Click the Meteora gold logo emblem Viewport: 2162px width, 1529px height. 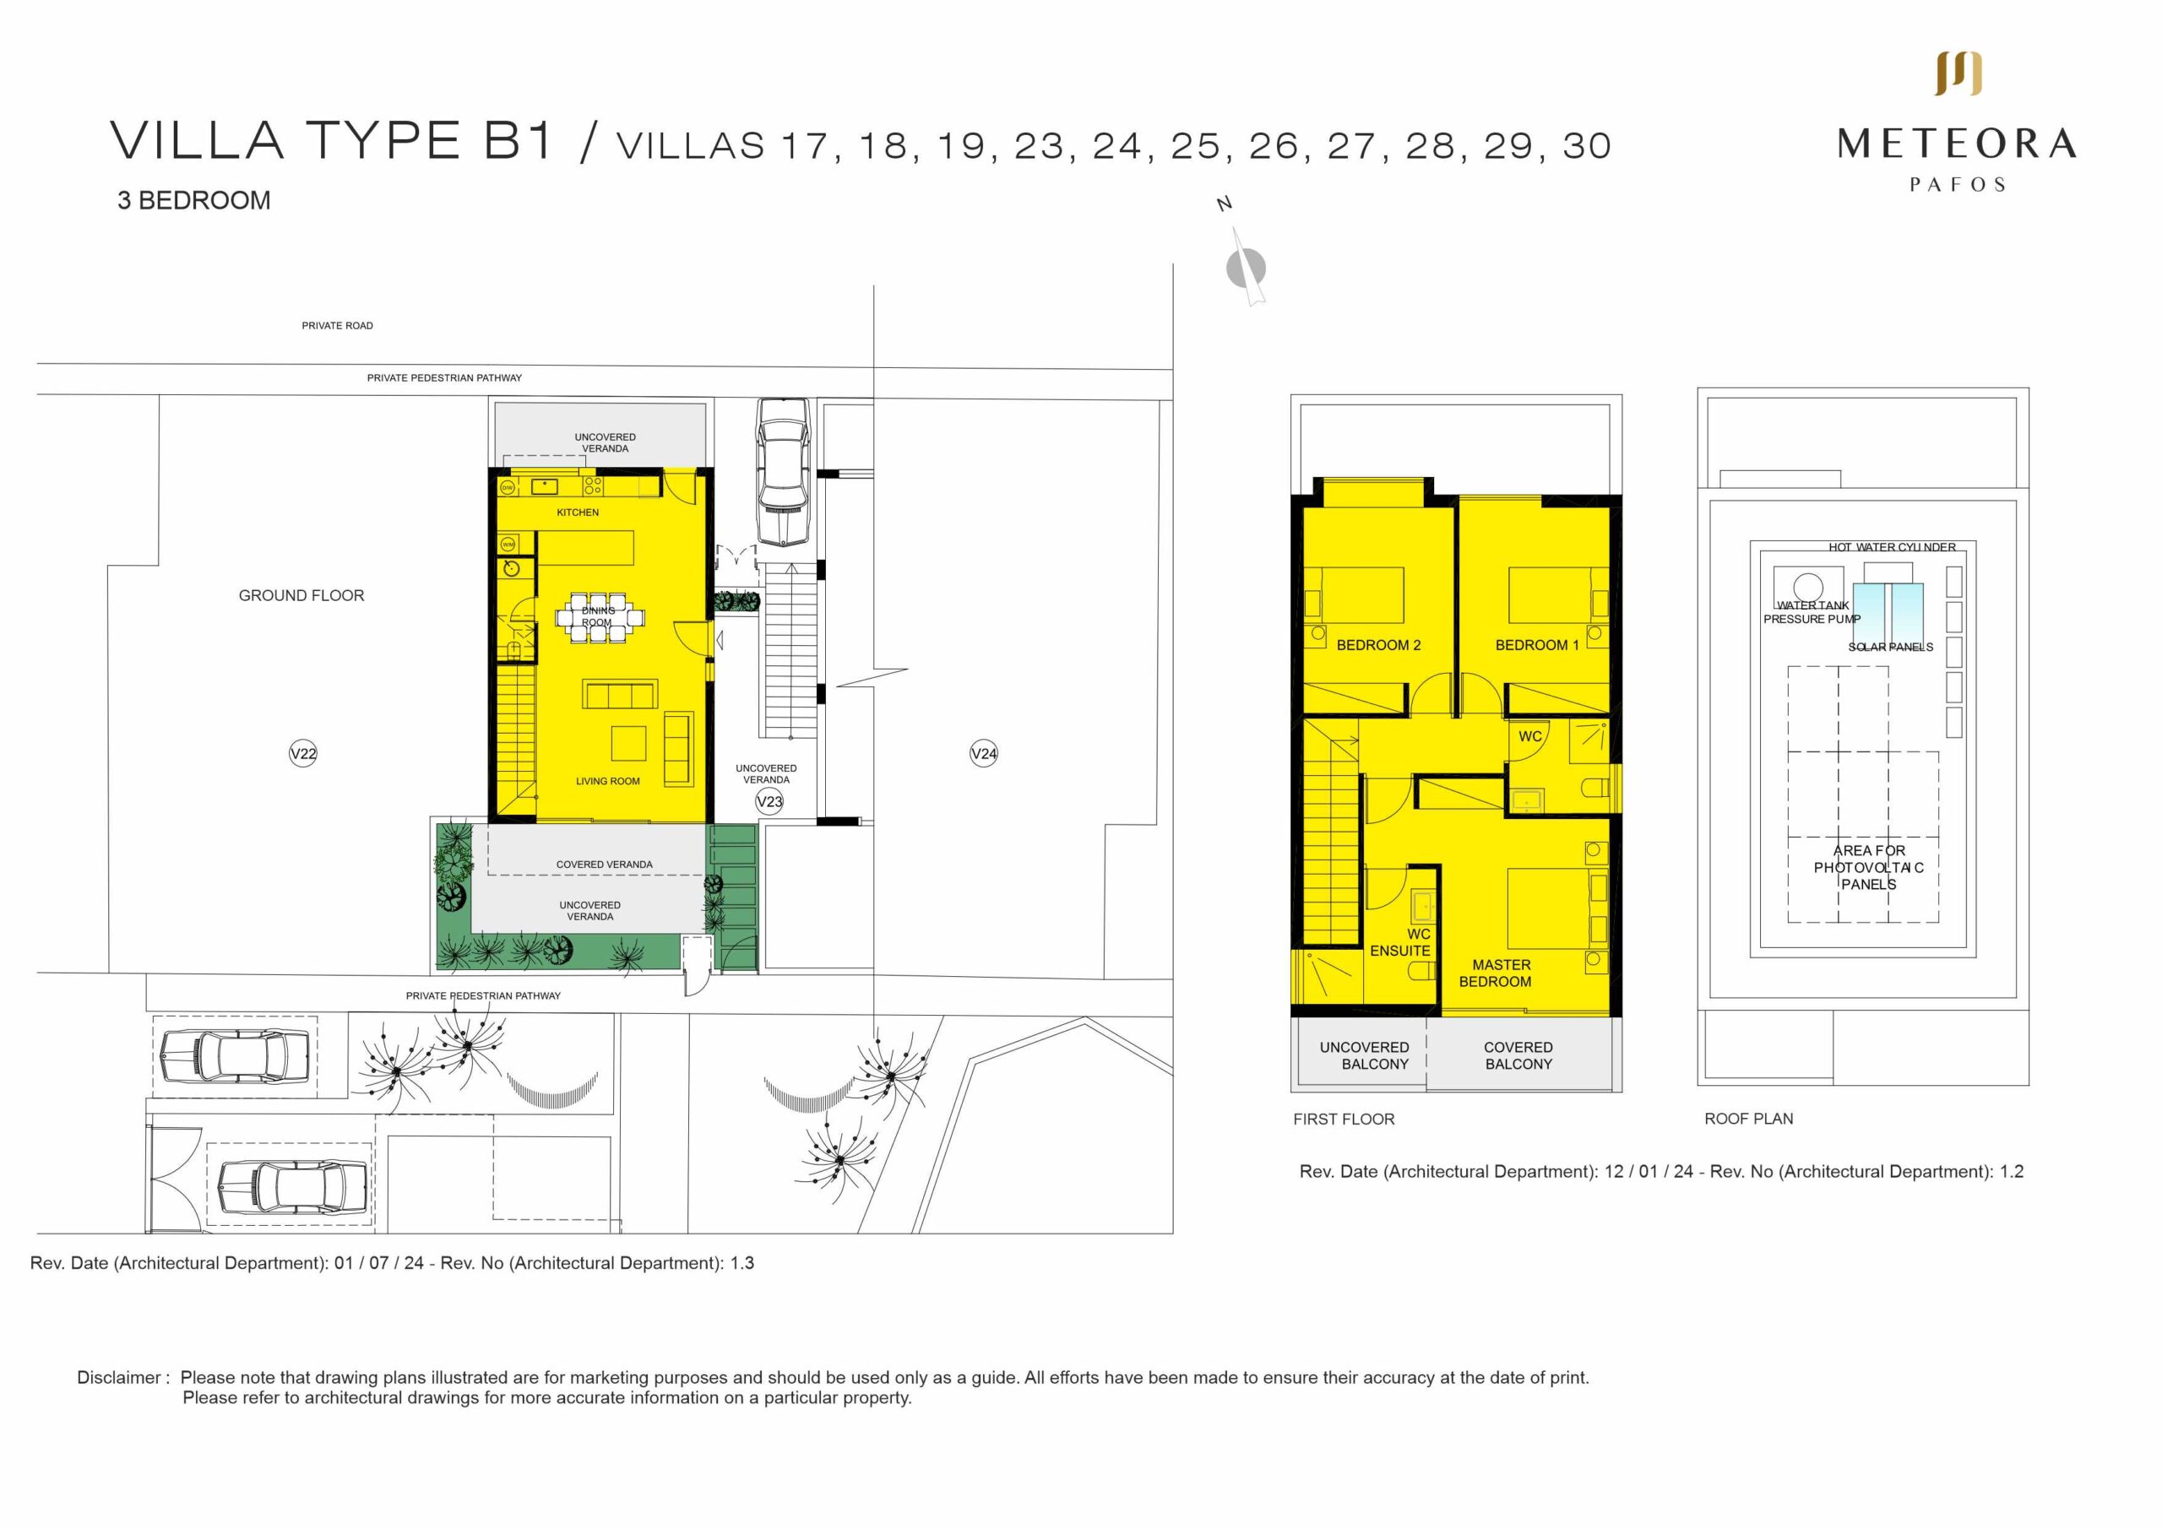[x=1958, y=73]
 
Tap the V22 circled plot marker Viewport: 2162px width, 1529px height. [x=302, y=753]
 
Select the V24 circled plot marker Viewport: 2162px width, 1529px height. [x=983, y=753]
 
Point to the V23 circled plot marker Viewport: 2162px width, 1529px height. [x=769, y=802]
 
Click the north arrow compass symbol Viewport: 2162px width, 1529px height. [x=1246, y=268]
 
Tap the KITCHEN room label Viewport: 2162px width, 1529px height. [x=577, y=512]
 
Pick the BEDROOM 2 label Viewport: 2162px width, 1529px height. [x=1377, y=645]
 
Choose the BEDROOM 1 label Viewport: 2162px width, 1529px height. [x=1537, y=645]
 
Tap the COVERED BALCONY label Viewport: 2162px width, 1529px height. [x=1518, y=1055]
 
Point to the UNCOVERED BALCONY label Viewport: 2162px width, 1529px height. [x=1365, y=1055]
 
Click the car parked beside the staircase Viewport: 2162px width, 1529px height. [x=784, y=471]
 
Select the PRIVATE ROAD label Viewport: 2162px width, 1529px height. [x=337, y=326]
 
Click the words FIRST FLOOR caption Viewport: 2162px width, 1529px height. [x=1343, y=1119]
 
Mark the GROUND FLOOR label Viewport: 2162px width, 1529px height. [x=301, y=595]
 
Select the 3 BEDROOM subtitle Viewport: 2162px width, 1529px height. [x=194, y=201]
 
